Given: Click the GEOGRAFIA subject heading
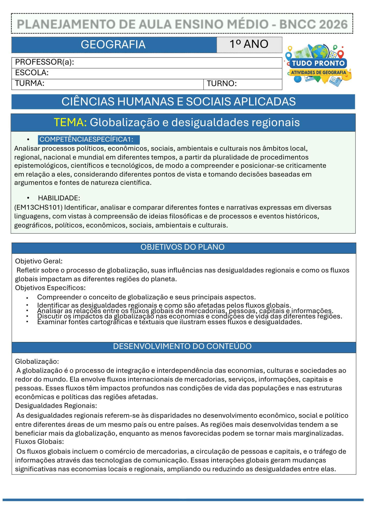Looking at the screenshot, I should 113,44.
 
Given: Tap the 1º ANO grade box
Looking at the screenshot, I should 249,44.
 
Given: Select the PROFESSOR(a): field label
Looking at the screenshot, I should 45,62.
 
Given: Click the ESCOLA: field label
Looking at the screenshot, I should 32,73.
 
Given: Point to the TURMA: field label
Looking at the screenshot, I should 30,83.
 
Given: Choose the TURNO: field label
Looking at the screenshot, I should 222,83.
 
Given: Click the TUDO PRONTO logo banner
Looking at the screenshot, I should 318,63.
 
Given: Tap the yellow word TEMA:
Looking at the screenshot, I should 70,122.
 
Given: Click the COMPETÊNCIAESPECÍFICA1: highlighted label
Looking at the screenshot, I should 86,140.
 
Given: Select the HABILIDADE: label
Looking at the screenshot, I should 59,198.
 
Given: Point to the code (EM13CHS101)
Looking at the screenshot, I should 38,207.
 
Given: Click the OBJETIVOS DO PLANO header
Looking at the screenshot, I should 182,247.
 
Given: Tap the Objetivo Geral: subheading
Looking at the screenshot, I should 39,261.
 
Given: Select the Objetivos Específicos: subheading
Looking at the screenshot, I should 50,288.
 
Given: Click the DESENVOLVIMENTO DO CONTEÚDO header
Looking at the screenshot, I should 182,346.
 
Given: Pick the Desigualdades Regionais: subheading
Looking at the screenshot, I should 56,406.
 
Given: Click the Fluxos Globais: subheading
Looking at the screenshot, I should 39,441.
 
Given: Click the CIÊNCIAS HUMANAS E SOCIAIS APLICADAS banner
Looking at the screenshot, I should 179,102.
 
